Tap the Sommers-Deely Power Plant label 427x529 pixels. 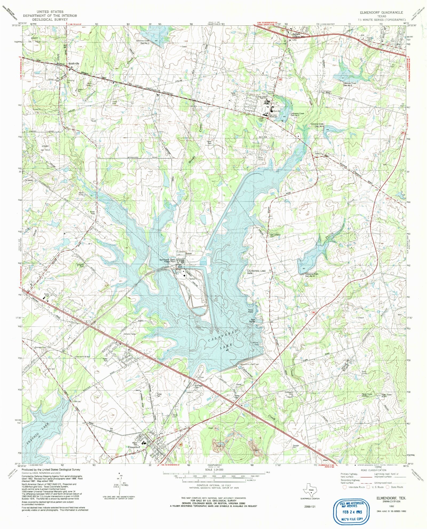(x=167, y=261)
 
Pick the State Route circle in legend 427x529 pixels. (x=387, y=487)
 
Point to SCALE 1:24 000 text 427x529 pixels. (x=214, y=469)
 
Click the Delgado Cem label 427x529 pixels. (x=81, y=265)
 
